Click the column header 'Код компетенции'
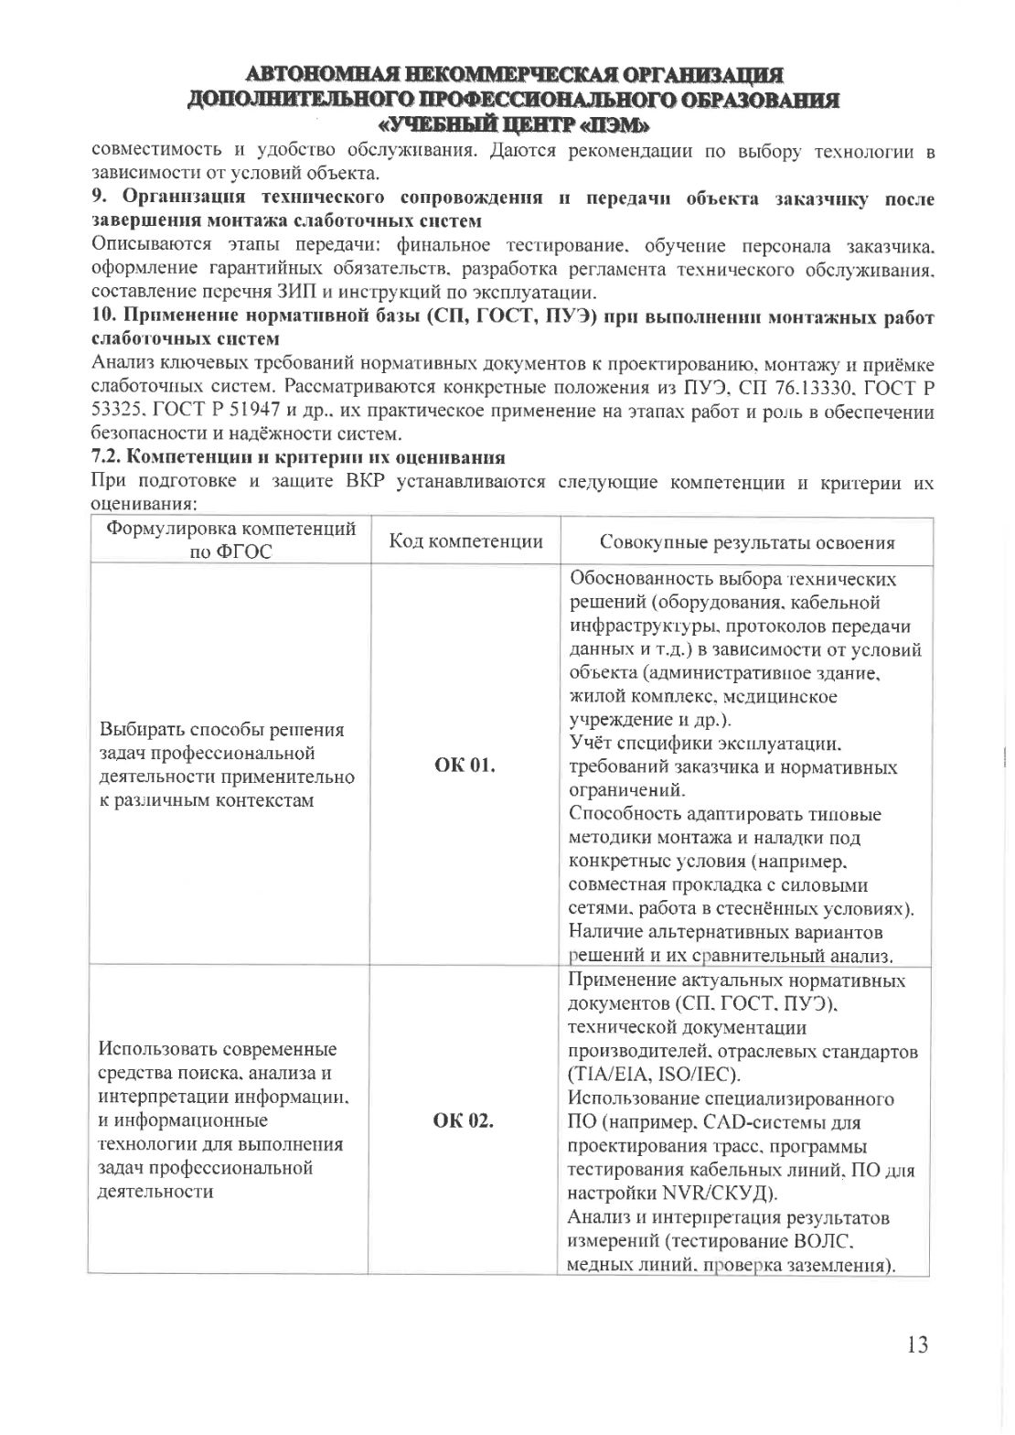[x=466, y=541]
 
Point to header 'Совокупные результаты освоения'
[x=746, y=542]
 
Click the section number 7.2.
[x=108, y=456]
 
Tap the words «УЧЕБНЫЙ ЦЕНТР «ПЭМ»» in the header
[x=513, y=123]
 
